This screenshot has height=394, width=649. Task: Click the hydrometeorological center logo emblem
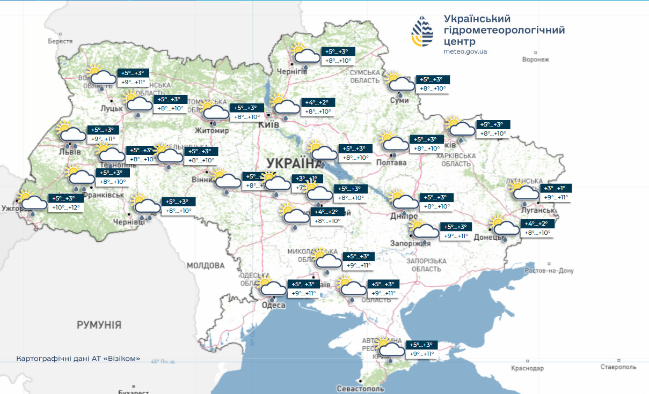tap(422, 32)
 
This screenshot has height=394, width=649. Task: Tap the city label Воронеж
tap(536, 59)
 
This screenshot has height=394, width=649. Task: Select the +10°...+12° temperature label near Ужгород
tap(65, 207)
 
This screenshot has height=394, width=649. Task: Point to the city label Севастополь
tap(360, 388)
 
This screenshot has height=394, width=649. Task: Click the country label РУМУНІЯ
tap(99, 325)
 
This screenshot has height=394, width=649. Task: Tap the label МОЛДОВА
tap(206, 265)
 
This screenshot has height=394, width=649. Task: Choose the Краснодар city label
tap(527, 368)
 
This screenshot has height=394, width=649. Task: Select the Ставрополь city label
tap(618, 367)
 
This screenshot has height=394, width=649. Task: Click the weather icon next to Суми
tap(400, 82)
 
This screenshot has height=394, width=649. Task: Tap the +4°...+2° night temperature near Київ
tap(319, 102)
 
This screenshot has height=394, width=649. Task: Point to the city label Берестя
tap(60, 41)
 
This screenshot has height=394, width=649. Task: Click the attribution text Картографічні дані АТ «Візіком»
tap(78, 358)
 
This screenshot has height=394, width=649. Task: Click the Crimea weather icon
tap(391, 348)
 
